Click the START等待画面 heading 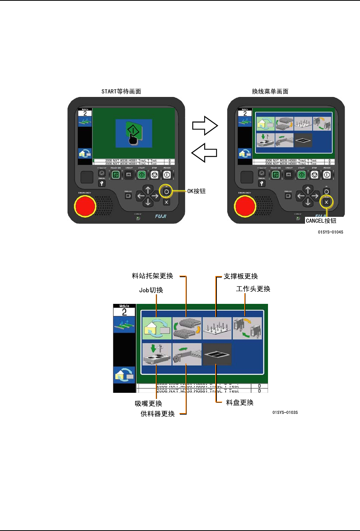[121, 92]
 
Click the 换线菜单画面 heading [270, 92]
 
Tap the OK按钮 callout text [196, 191]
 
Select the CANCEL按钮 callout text [321, 221]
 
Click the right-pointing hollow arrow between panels [205, 126]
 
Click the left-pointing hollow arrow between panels [204, 153]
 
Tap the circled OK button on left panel [166, 191]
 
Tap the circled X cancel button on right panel [326, 202]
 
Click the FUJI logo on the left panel [160, 216]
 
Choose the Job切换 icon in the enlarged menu [157, 328]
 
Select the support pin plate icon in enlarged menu [217, 328]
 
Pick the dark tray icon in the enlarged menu [217, 354]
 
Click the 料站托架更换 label [152, 276]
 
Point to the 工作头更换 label [253, 289]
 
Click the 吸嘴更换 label [149, 403]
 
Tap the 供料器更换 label [158, 414]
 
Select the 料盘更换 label [240, 402]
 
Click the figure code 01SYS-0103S [285, 412]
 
